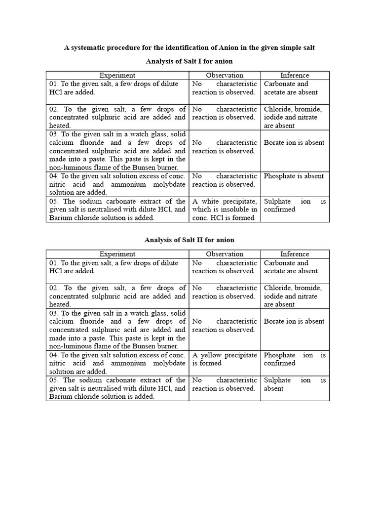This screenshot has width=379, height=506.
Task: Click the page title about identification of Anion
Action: [x=189, y=48]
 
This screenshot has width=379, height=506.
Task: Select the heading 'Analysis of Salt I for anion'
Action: [x=189, y=61]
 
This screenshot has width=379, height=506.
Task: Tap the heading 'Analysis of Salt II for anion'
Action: [x=189, y=240]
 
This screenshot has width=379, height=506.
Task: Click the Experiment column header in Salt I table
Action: [x=117, y=75]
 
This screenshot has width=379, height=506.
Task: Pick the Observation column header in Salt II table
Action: [x=225, y=254]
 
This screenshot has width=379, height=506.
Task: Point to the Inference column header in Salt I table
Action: [x=295, y=75]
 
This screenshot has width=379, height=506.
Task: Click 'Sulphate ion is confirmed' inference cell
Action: [x=295, y=206]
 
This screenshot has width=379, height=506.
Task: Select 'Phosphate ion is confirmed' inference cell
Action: [x=295, y=359]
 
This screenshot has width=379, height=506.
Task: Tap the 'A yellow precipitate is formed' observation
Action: [x=225, y=359]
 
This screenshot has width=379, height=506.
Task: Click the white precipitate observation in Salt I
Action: [x=225, y=210]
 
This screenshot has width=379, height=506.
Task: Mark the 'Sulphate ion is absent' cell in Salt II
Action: [x=295, y=384]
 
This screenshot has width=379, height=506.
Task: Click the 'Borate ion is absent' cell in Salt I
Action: [x=294, y=143]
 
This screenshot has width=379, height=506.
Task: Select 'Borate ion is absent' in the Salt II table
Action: [x=294, y=322]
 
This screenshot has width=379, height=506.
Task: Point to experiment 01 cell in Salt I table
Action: [x=117, y=88]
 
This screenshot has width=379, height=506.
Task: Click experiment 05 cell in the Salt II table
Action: [x=117, y=388]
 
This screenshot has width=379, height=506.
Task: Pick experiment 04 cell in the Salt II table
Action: [x=117, y=363]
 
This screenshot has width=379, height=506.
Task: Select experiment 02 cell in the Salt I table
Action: [x=117, y=117]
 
